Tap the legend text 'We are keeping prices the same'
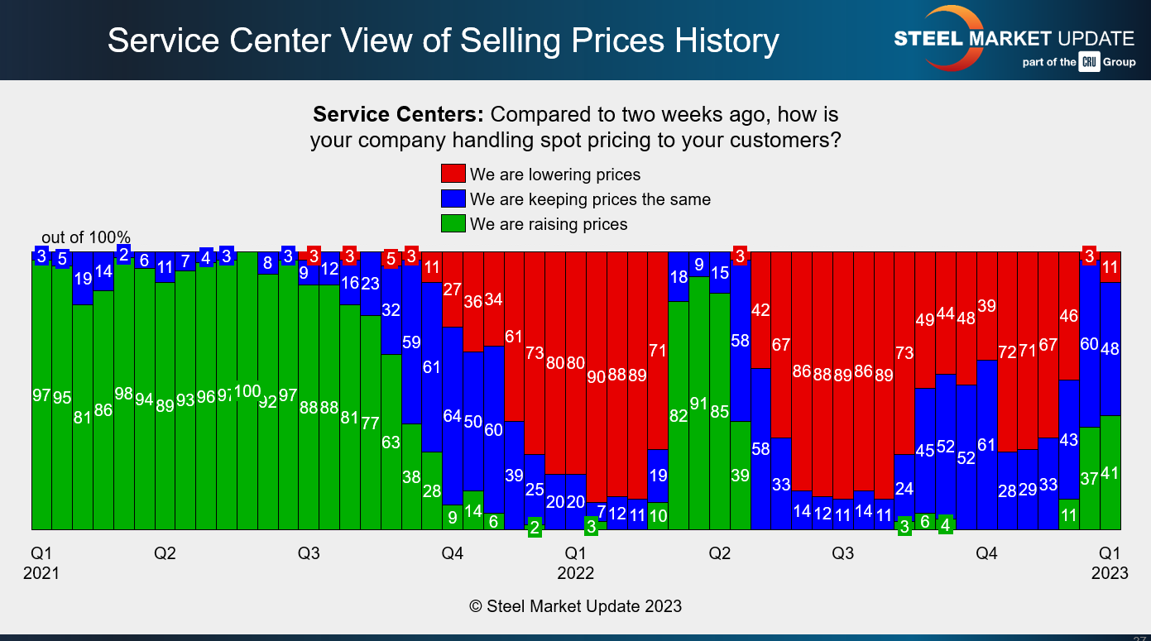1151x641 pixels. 590,199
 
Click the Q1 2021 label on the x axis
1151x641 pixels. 41,562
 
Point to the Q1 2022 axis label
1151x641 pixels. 576,562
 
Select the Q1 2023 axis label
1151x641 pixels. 1110,562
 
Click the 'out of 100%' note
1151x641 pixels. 86,238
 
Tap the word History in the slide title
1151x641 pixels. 717,41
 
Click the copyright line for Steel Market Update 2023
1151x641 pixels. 575,606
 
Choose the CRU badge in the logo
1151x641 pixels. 1088,62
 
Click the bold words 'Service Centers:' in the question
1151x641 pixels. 400,114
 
